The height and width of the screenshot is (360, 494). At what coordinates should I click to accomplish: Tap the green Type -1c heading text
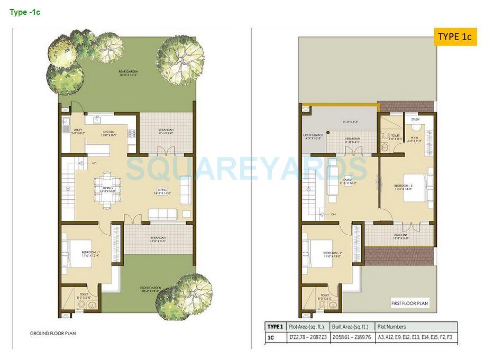[x=25, y=12]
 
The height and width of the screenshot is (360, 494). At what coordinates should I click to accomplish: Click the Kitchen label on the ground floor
[x=108, y=134]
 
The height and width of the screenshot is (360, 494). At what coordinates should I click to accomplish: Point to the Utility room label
[x=78, y=132]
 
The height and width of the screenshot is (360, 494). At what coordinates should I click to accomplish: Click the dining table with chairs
[x=110, y=188]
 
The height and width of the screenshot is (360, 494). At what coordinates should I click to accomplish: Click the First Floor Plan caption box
[x=409, y=303]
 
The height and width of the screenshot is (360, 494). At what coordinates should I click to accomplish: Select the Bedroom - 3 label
[x=403, y=187]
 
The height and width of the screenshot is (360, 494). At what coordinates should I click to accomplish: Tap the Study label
[x=415, y=119]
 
